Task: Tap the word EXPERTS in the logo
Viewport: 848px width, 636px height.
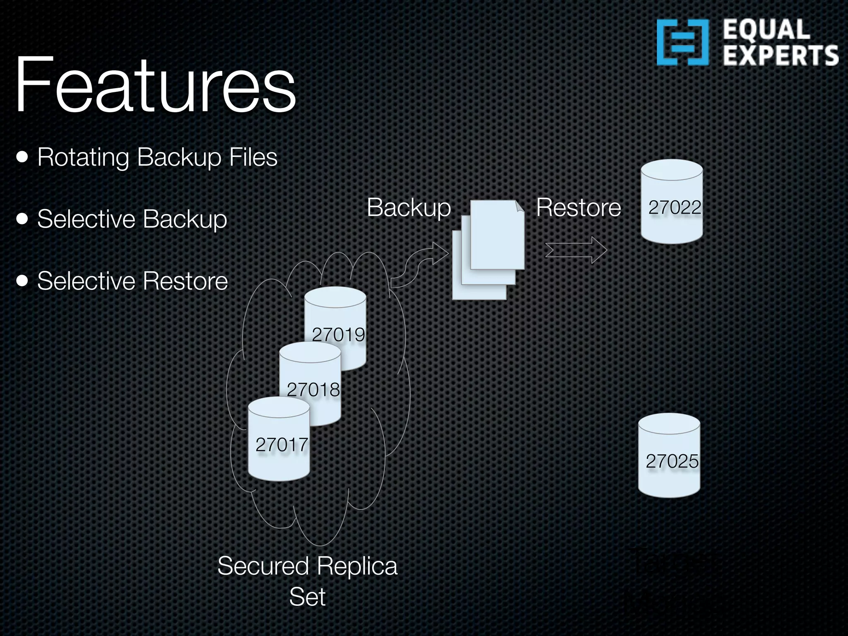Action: click(x=781, y=56)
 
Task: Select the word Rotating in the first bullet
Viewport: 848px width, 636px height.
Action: click(x=83, y=158)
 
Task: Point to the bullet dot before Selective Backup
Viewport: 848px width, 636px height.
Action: click(x=22, y=219)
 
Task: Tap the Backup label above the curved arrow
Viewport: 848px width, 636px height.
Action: click(x=409, y=207)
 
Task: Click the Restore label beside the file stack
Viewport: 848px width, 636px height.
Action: click(x=578, y=207)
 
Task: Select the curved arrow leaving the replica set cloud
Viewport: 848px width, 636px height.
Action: click(x=418, y=265)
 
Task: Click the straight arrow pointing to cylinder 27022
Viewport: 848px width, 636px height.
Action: click(x=576, y=250)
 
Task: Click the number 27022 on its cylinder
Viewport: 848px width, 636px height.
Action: click(x=675, y=207)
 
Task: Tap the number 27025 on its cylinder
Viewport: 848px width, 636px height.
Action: click(x=672, y=461)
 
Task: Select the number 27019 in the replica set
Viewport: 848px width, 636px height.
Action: click(x=338, y=335)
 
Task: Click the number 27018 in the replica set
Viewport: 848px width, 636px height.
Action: click(x=313, y=390)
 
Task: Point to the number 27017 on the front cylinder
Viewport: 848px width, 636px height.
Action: click(x=282, y=445)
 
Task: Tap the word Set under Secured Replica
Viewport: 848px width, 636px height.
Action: click(x=307, y=597)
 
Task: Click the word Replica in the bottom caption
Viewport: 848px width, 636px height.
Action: click(x=358, y=566)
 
